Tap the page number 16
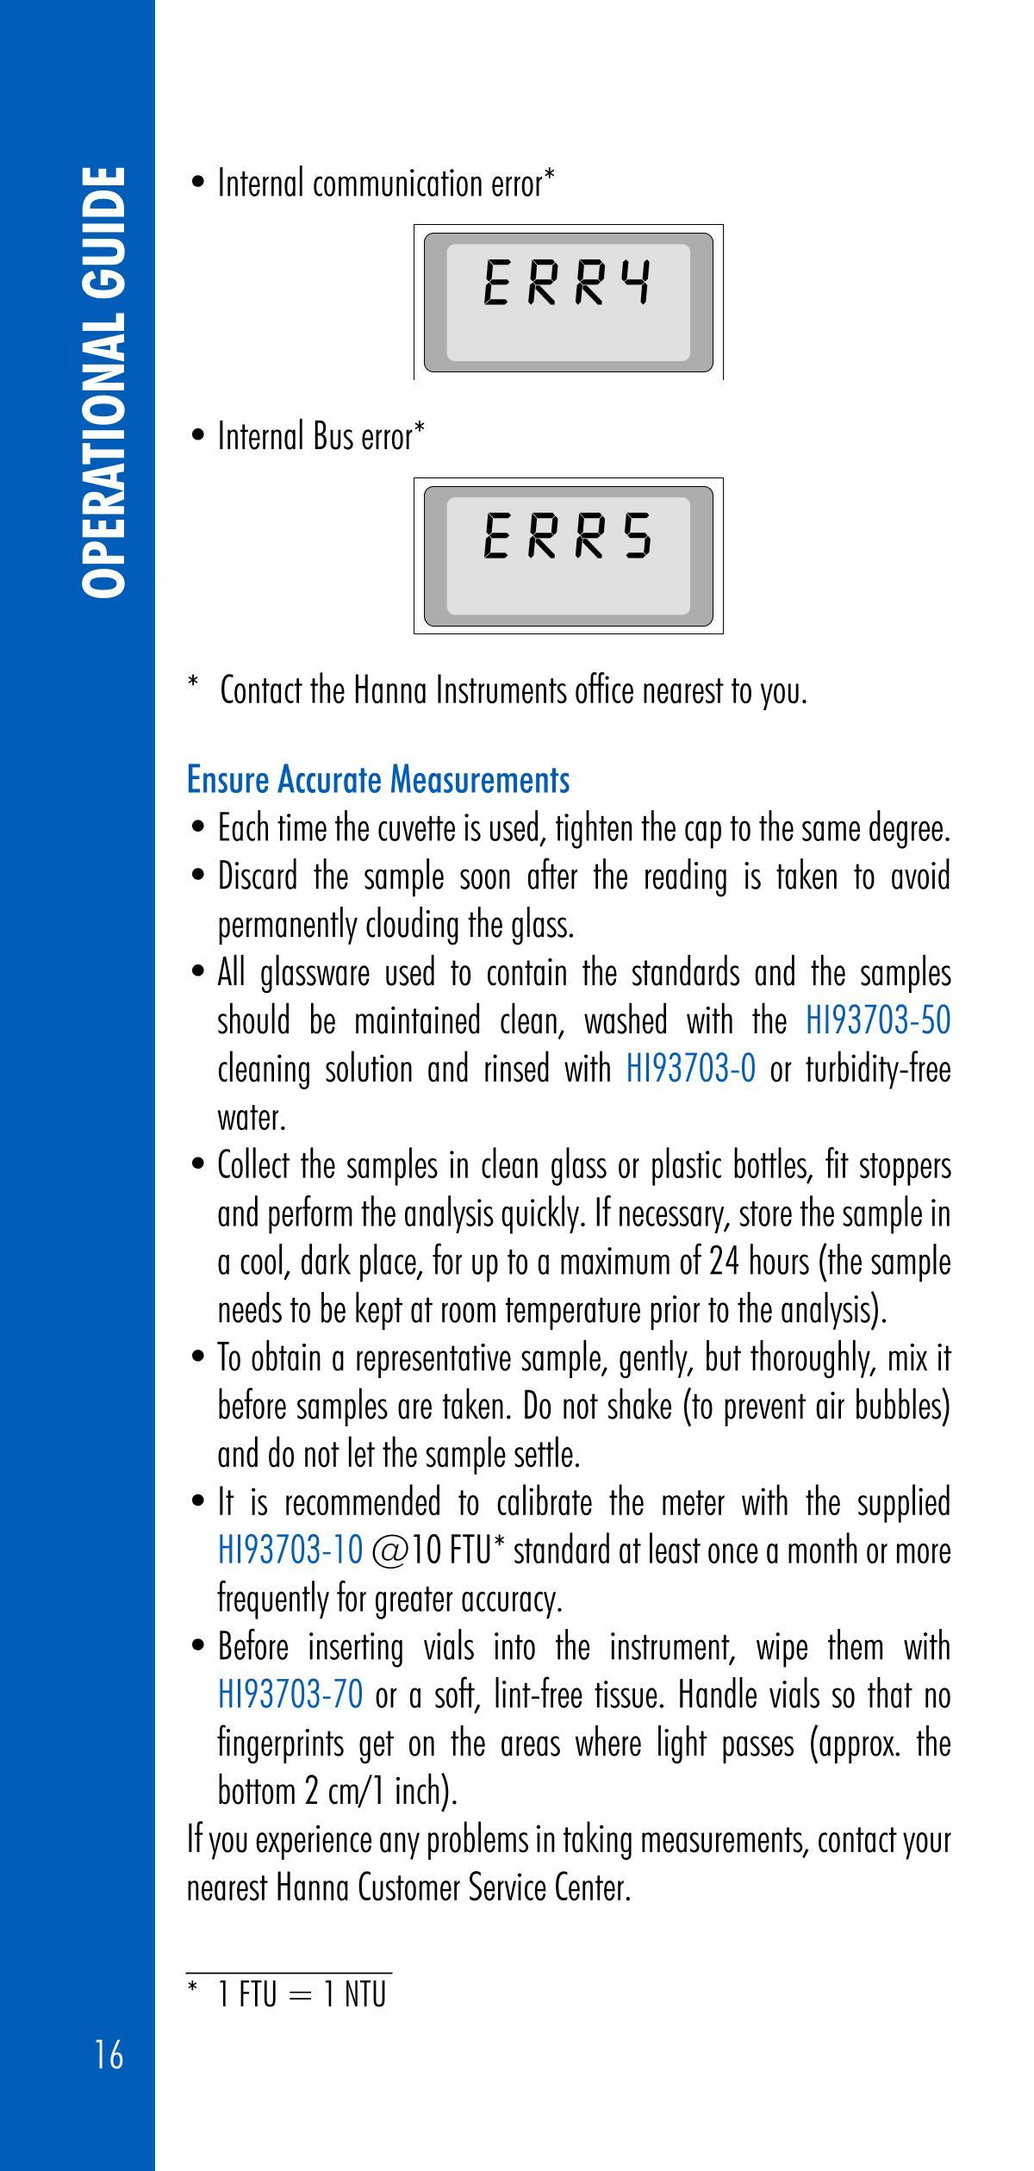[109, 2056]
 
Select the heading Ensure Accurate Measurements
[378, 780]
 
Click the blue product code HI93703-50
[878, 1020]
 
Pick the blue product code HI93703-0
[691, 1070]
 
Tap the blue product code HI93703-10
[290, 1551]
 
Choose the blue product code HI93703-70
[290, 1695]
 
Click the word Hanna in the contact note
[390, 690]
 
